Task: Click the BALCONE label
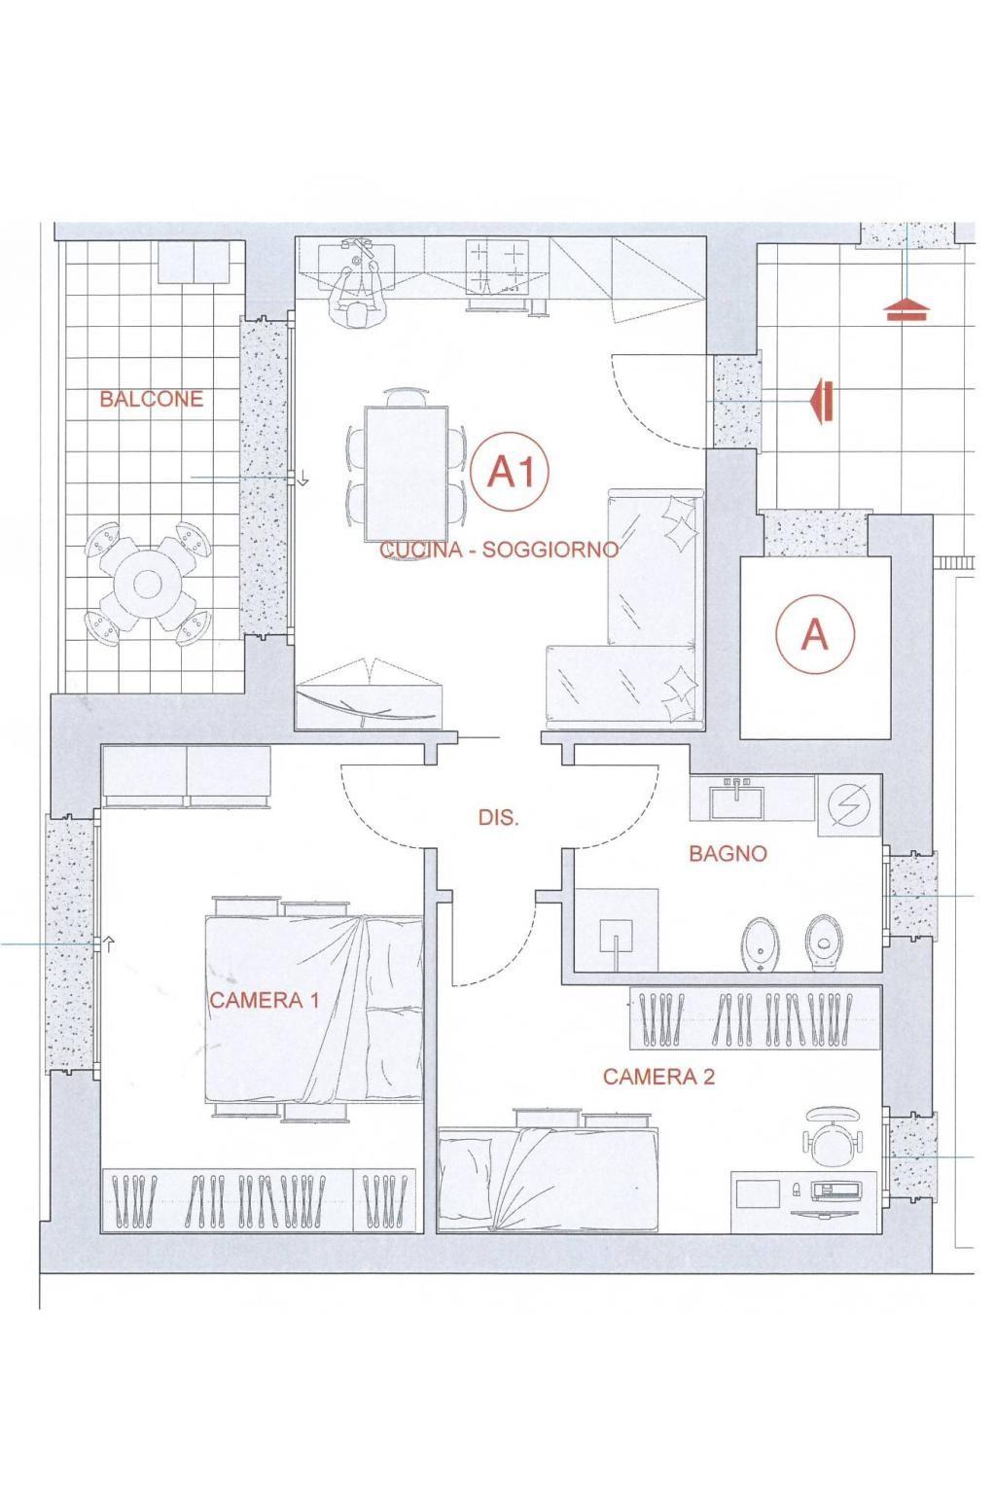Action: tap(152, 399)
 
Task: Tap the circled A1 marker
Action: tap(509, 472)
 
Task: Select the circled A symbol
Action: tap(814, 633)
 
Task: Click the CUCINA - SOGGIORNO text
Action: tap(499, 550)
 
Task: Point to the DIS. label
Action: tap(498, 818)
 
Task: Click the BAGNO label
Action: tap(728, 853)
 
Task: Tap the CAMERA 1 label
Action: tap(264, 1000)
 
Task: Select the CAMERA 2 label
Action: tap(658, 1076)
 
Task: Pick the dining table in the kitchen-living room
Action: tap(406, 474)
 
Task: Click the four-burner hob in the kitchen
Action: tap(498, 266)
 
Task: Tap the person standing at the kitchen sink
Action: tap(359, 294)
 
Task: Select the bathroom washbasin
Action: tap(738, 798)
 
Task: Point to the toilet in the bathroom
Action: tap(824, 943)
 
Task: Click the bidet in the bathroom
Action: tap(761, 943)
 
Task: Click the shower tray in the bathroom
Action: tap(616, 930)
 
